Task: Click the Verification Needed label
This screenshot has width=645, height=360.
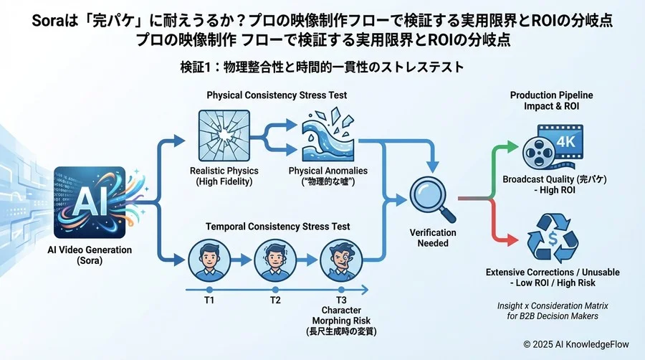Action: click(433, 238)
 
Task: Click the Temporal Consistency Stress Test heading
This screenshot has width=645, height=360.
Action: click(275, 227)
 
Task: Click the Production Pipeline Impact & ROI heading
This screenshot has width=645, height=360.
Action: click(551, 100)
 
